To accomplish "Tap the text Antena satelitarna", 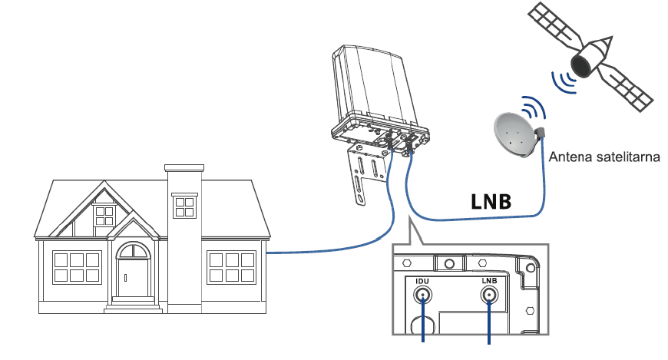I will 605,158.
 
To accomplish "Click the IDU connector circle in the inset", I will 422,300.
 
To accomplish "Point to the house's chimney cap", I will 184,166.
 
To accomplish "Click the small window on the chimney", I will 184,206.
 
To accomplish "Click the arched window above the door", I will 134,250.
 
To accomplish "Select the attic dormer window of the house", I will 104,216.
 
